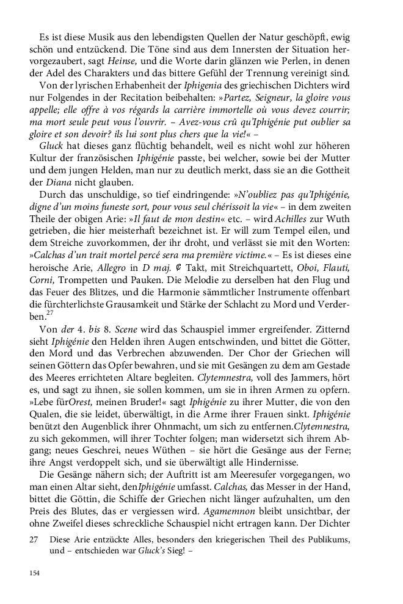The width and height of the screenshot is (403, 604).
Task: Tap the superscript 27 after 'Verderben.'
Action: tap(51, 313)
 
